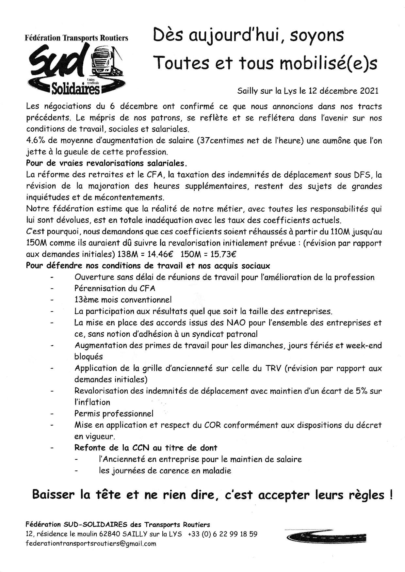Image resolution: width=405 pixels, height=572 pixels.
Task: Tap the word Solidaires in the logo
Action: [x=76, y=88]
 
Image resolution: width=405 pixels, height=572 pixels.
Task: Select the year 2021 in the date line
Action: [x=369, y=90]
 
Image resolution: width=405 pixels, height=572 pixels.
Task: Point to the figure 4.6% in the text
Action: [x=35, y=140]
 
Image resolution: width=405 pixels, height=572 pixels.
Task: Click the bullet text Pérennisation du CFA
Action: [x=115, y=288]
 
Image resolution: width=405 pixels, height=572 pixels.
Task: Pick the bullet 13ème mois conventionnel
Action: [x=123, y=299]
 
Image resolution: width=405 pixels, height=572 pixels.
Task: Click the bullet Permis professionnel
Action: [x=114, y=413]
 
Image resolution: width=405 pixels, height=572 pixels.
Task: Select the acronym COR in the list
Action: [x=212, y=425]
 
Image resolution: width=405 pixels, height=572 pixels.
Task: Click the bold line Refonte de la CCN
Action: [x=146, y=448]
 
